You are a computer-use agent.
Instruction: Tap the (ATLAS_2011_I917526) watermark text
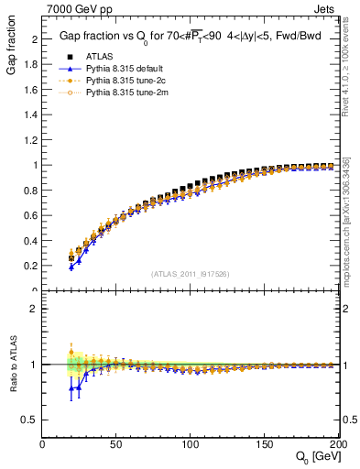click(189, 273)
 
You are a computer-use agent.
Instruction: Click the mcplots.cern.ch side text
click(353, 229)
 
